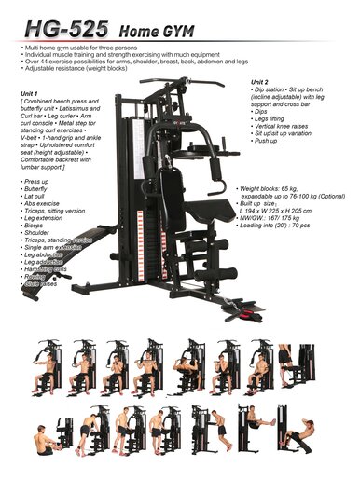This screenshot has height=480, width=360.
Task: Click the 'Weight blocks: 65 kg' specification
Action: point(275,188)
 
